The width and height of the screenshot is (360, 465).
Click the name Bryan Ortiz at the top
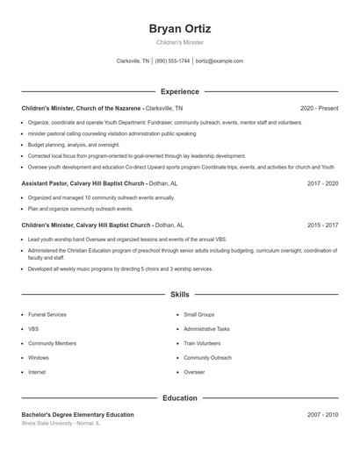[180, 29]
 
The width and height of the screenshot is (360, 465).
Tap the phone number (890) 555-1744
[172, 61]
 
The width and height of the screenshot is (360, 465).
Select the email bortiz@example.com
[220, 61]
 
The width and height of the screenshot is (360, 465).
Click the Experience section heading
[180, 91]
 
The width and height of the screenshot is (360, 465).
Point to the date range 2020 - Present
[319, 108]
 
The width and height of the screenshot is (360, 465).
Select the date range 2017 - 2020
[322, 183]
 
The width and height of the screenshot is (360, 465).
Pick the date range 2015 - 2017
[322, 225]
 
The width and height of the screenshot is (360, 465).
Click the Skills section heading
[180, 295]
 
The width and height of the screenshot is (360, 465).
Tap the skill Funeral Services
[47, 314]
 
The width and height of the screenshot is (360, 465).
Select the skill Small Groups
[199, 314]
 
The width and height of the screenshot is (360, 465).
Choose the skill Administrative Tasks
[206, 328]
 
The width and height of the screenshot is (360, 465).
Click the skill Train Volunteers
[202, 343]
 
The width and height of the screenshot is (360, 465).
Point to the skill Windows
[39, 358]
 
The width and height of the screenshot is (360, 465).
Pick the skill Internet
[37, 372]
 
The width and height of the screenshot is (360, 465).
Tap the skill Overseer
[194, 372]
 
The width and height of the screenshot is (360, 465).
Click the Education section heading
[180, 397]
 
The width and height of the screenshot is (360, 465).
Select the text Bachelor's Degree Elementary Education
[78, 414]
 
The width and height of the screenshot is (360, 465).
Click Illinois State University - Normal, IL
[61, 423]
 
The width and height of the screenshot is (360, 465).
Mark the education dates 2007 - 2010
[322, 414]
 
